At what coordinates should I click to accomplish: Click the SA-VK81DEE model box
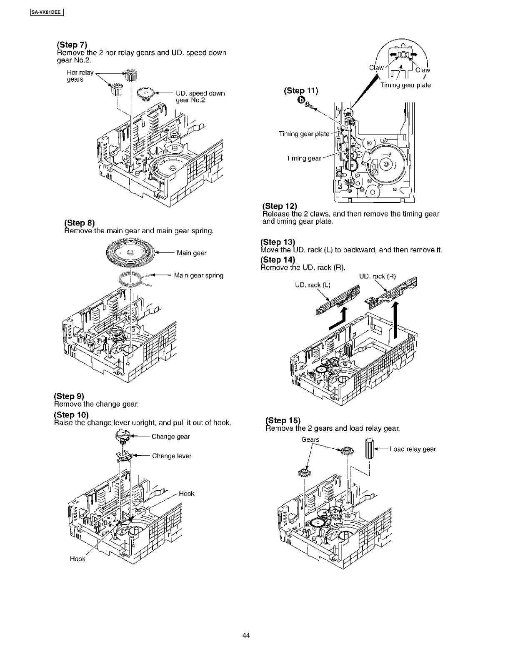coord(46,12)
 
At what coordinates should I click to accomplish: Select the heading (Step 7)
coord(72,45)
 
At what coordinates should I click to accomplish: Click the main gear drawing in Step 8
coord(130,252)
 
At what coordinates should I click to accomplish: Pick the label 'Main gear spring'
coord(198,275)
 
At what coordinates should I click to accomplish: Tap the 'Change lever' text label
coord(172,456)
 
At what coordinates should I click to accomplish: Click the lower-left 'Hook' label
coord(78,559)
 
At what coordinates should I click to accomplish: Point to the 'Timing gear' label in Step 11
coord(303,158)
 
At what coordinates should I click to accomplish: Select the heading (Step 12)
coord(280,206)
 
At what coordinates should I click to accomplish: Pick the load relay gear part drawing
coord(368,448)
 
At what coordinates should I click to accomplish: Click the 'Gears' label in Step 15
coord(310,439)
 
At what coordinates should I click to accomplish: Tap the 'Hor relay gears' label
coord(80,76)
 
